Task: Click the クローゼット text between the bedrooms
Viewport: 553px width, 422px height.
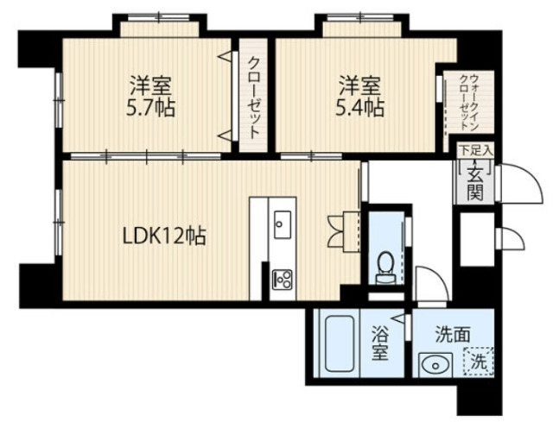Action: (254, 97)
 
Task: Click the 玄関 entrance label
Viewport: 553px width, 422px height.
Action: (475, 181)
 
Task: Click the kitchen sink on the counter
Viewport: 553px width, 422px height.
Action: (283, 226)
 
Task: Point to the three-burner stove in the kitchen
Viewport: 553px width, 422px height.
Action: (283, 279)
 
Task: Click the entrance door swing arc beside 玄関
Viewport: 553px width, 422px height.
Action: (510, 180)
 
